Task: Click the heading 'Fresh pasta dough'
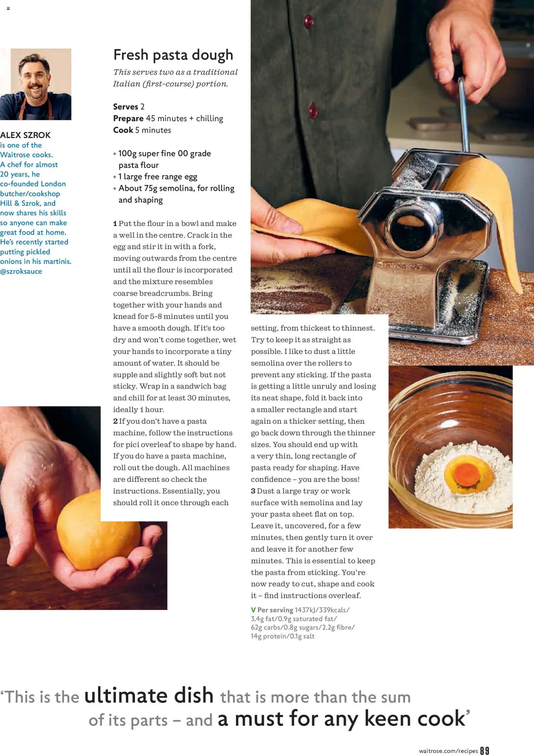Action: click(173, 55)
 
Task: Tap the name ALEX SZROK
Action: click(25, 135)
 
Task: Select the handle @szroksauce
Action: click(21, 271)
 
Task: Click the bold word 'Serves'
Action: click(125, 107)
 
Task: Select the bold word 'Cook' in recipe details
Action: click(123, 130)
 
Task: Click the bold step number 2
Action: click(115, 421)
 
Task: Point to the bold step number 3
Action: click(253, 491)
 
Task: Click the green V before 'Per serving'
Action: click(253, 610)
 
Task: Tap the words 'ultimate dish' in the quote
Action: click(149, 695)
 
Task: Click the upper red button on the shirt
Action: click(309, 21)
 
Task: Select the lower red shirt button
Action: click(313, 112)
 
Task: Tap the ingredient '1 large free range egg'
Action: click(158, 177)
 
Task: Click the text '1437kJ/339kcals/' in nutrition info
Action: click(322, 610)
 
